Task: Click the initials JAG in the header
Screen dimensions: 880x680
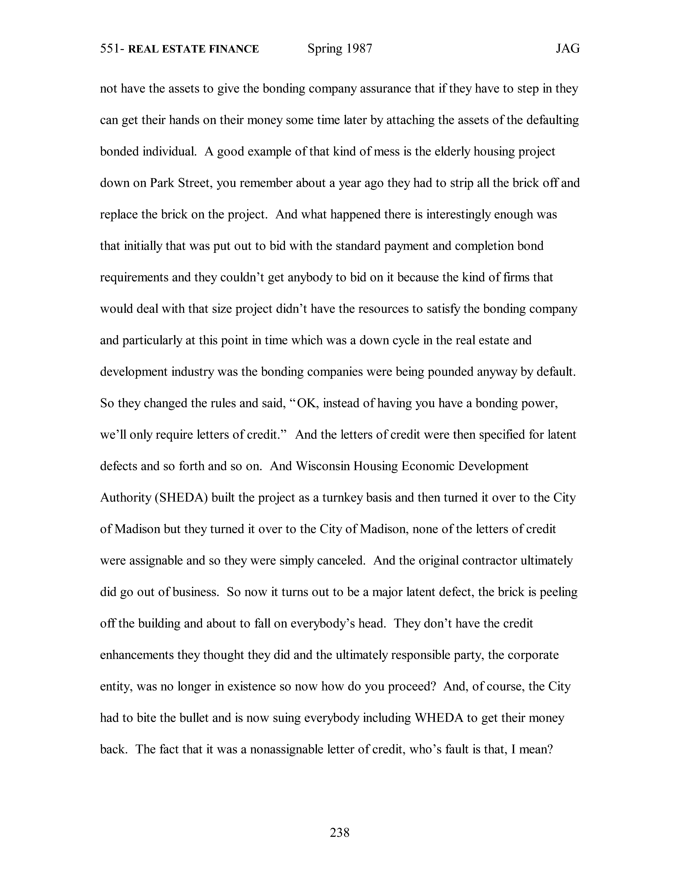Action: [x=568, y=49]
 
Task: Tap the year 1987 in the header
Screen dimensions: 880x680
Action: [x=359, y=49]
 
